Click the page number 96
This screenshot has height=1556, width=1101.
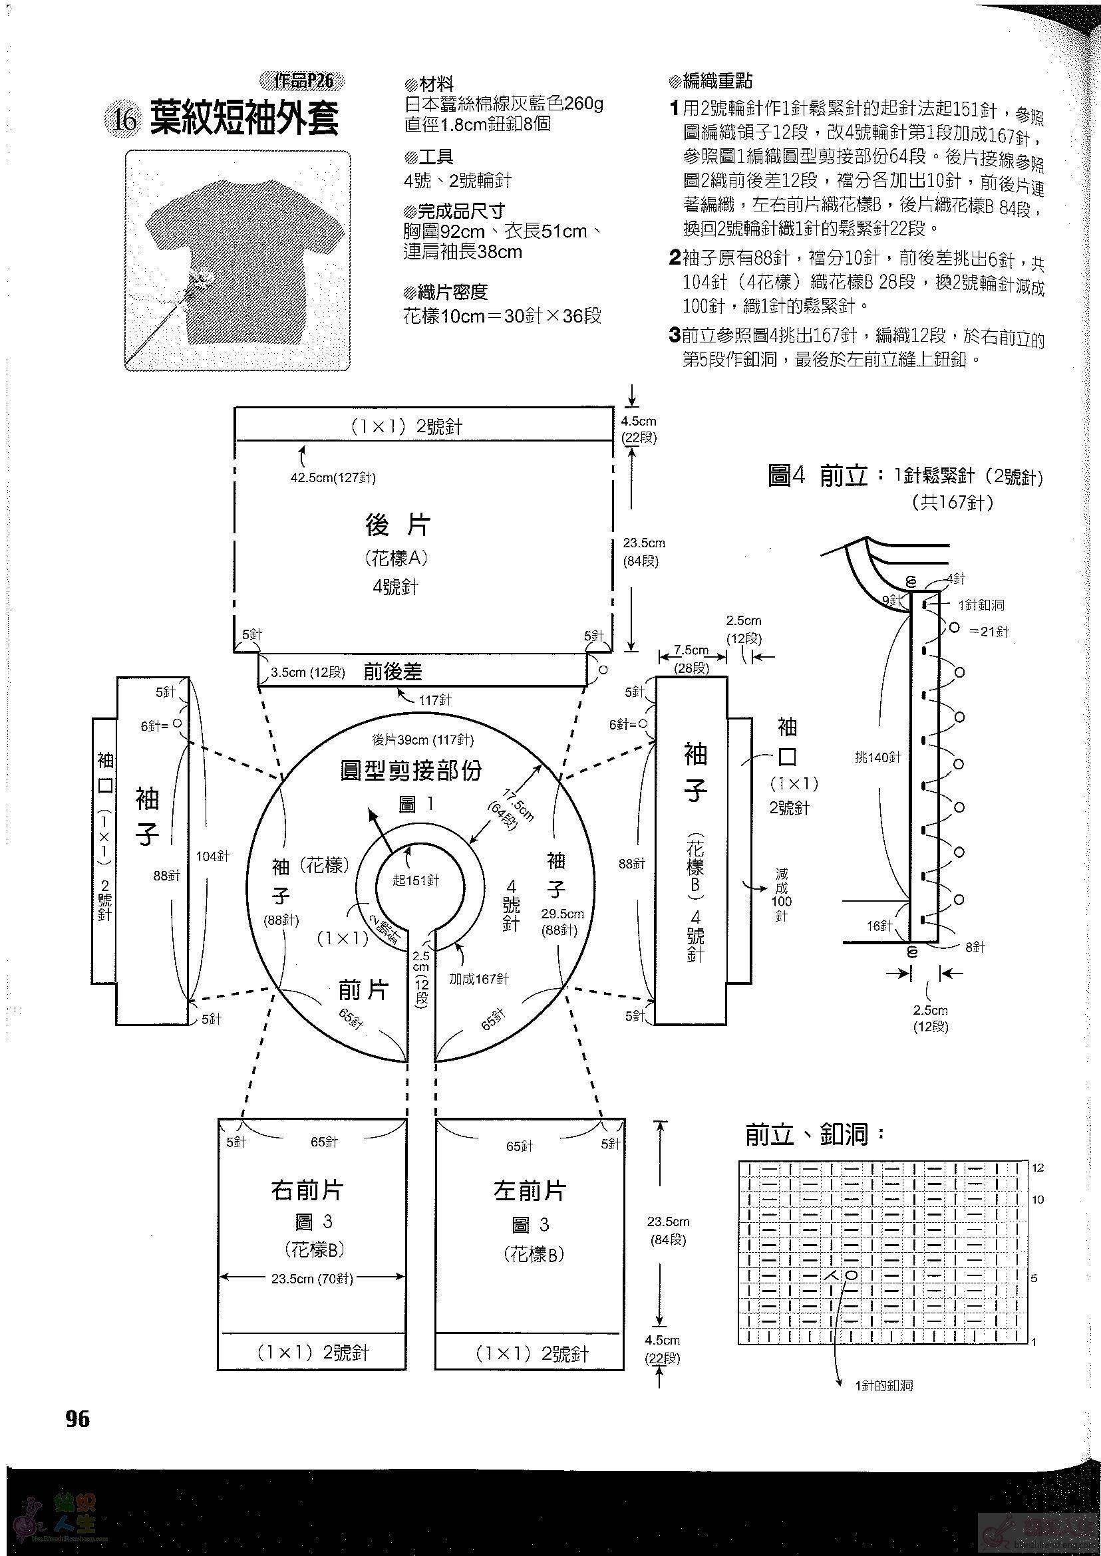[x=78, y=1418]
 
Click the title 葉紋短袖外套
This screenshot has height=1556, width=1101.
[x=244, y=118]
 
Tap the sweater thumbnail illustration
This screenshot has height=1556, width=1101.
[x=238, y=260]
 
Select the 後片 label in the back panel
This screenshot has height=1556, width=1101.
[x=397, y=525]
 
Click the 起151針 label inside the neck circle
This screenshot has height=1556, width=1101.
[x=416, y=880]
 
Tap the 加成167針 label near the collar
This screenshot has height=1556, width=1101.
[x=479, y=978]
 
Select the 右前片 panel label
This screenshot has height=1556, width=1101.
[x=307, y=1190]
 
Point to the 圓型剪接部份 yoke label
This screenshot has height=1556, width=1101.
[x=412, y=770]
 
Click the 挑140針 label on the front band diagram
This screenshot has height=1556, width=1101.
[x=878, y=757]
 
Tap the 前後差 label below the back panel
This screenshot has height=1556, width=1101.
[x=393, y=672]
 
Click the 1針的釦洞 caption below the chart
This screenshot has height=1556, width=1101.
[x=883, y=1386]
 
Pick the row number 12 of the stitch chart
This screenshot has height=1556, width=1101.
[x=1038, y=1168]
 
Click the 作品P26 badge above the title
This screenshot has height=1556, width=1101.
[x=301, y=81]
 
